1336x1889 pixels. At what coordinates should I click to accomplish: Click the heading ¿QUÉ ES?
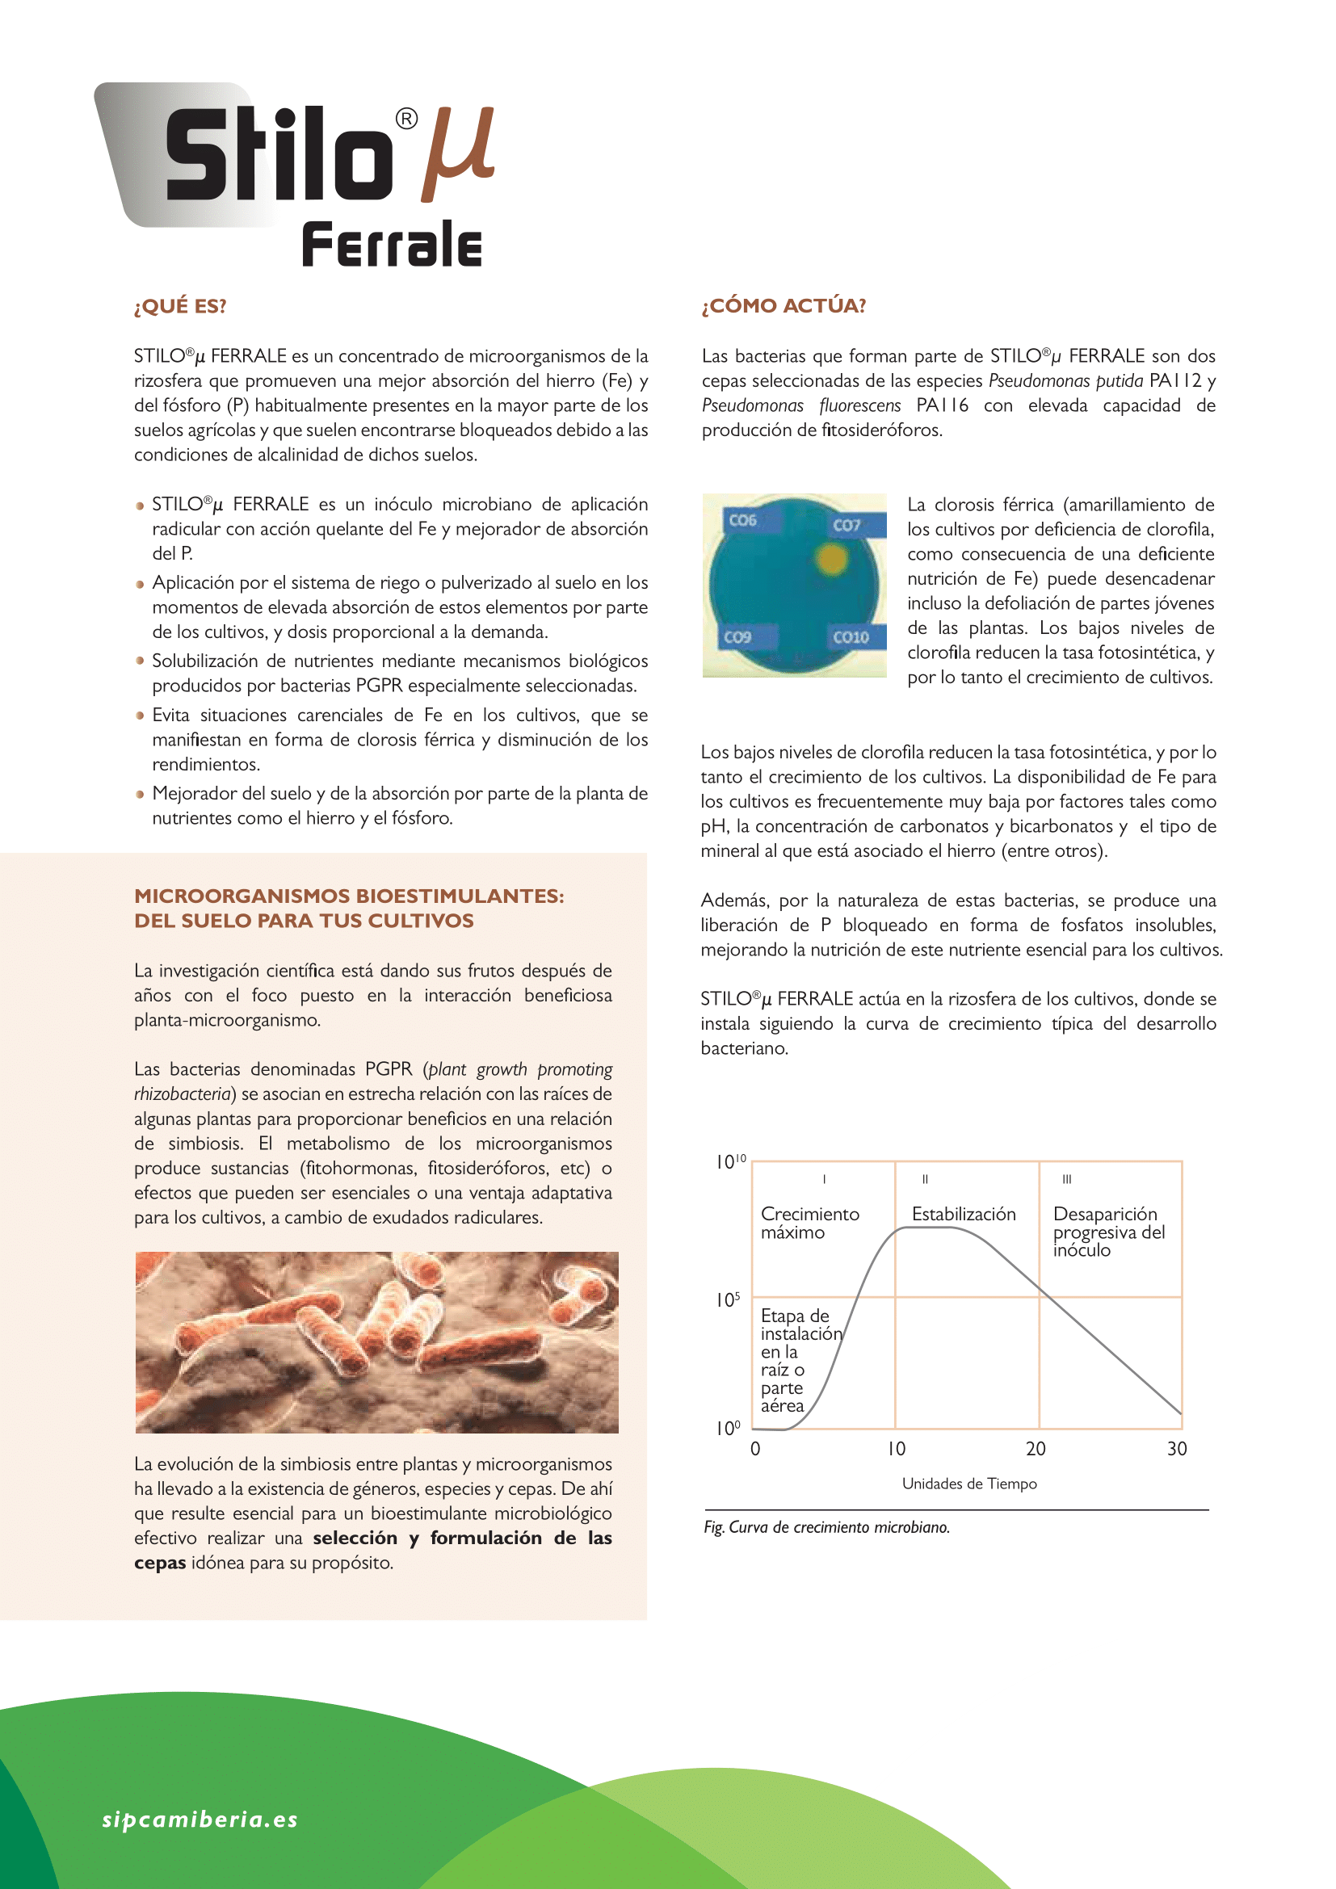[x=180, y=306]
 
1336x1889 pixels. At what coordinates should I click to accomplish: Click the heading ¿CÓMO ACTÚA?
[x=784, y=306]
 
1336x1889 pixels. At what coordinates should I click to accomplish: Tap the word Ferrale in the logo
[x=392, y=245]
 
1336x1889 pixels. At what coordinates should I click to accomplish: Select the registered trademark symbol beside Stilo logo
[x=406, y=120]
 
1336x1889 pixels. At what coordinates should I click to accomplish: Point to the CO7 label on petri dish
[x=847, y=525]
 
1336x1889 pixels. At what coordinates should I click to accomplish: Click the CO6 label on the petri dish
[x=742, y=520]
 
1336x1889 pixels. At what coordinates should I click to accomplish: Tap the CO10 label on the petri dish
[x=851, y=636]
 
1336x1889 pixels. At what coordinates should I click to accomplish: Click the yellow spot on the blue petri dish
[x=832, y=560]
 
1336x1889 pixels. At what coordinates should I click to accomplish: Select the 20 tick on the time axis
[x=1036, y=1449]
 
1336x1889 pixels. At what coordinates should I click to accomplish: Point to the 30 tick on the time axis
[x=1176, y=1449]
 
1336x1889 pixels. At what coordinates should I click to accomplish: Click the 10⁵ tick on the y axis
[x=728, y=1300]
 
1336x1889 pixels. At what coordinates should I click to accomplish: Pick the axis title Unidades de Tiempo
[x=969, y=1484]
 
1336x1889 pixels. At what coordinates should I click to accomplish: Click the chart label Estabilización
[x=964, y=1215]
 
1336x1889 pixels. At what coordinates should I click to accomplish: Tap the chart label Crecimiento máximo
[x=809, y=1223]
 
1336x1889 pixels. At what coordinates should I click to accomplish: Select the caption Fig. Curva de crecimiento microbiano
[x=827, y=1527]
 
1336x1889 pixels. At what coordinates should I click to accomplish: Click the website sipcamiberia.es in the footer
[x=200, y=1819]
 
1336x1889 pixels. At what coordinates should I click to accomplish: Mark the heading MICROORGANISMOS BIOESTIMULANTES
[x=349, y=896]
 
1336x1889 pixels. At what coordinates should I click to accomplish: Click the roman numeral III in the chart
[x=1066, y=1179]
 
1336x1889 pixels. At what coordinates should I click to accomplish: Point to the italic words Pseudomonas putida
[x=1065, y=381]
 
